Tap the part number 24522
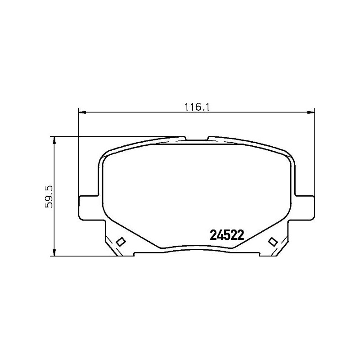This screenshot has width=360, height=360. click(227, 235)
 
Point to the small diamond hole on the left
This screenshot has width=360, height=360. click(120, 242)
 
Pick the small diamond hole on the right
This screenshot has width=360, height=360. click(272, 242)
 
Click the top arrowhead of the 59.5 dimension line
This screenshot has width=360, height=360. click(54, 140)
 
